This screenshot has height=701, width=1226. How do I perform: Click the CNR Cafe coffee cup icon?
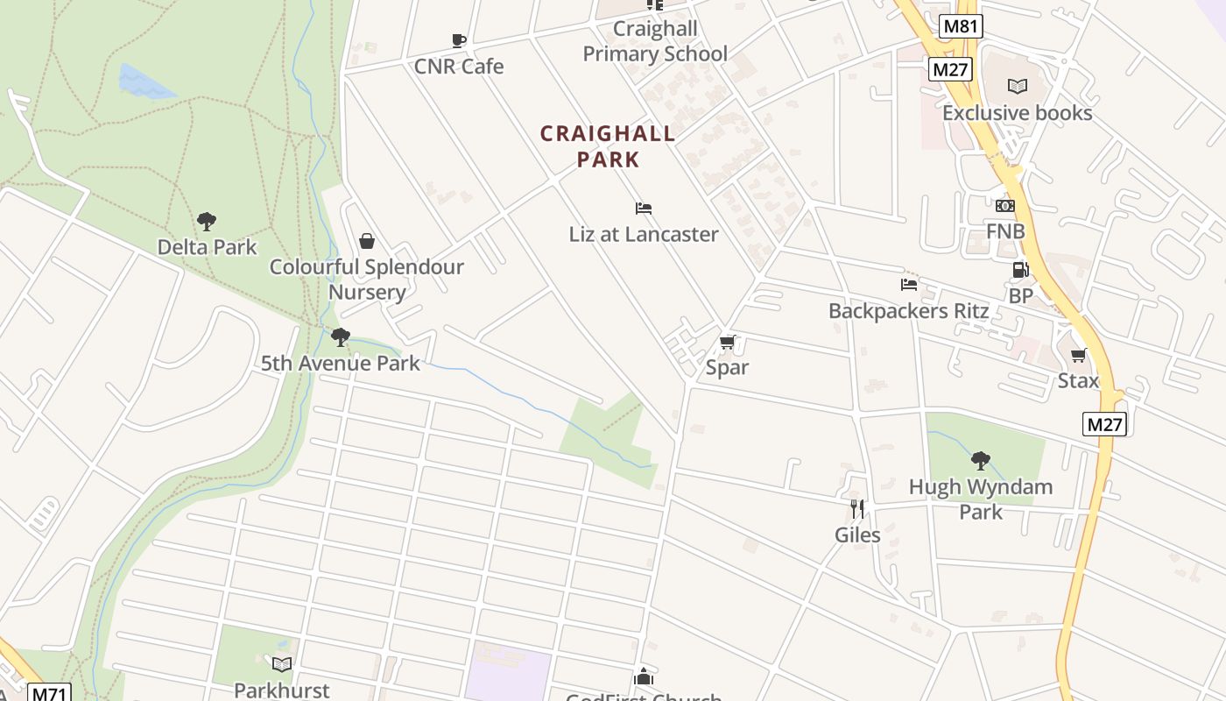coord(458,40)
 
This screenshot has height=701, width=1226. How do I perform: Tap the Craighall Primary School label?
coord(655,41)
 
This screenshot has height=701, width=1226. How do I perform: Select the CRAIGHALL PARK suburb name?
coord(608,146)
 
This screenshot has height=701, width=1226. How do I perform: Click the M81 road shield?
coord(960,26)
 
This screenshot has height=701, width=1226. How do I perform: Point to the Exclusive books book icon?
coord(1017,86)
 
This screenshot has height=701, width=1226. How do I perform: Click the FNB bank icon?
coord(1004,206)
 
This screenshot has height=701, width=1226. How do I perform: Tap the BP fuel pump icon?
coord(1020,270)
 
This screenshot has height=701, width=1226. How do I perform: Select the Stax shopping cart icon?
coord(1078,355)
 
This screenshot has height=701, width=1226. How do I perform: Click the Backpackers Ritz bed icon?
coord(909,285)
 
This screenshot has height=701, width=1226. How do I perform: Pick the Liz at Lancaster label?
coord(644,234)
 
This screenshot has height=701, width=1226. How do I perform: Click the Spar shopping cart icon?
coord(727,342)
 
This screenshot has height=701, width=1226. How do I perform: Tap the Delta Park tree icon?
coord(207,221)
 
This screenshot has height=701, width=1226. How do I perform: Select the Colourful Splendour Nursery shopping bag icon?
coord(367,241)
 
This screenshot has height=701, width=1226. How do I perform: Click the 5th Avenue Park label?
coord(341,363)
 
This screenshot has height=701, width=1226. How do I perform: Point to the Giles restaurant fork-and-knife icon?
coord(857,508)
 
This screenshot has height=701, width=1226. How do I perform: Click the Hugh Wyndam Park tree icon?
coord(981,460)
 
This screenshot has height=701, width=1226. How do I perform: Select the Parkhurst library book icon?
coord(281,664)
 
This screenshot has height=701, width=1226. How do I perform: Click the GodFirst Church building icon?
coord(644,676)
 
